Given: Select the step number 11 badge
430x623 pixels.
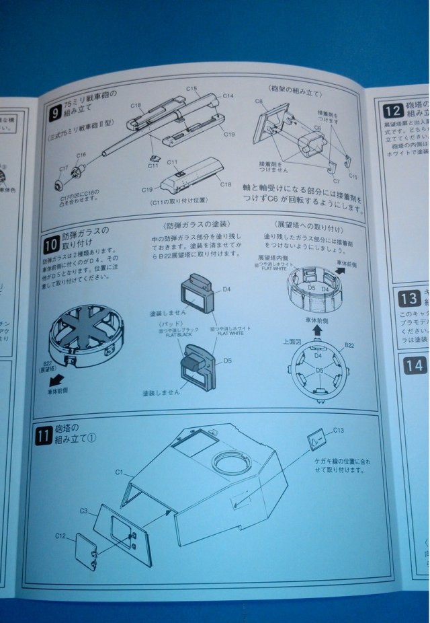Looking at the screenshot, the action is click(43, 436).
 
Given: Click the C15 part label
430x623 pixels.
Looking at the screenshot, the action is click(191, 89).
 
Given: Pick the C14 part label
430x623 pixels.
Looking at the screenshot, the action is click(228, 96).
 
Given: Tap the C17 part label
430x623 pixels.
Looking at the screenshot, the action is click(63, 169).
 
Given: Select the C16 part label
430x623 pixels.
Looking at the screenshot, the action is click(81, 155).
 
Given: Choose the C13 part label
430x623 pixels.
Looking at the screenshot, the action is click(338, 430).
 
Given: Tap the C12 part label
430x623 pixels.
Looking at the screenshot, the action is click(60, 536).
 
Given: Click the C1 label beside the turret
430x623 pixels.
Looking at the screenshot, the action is click(119, 473).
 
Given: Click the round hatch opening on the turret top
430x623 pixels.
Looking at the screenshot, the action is click(230, 462).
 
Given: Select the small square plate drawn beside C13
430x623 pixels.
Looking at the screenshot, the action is click(316, 441).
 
